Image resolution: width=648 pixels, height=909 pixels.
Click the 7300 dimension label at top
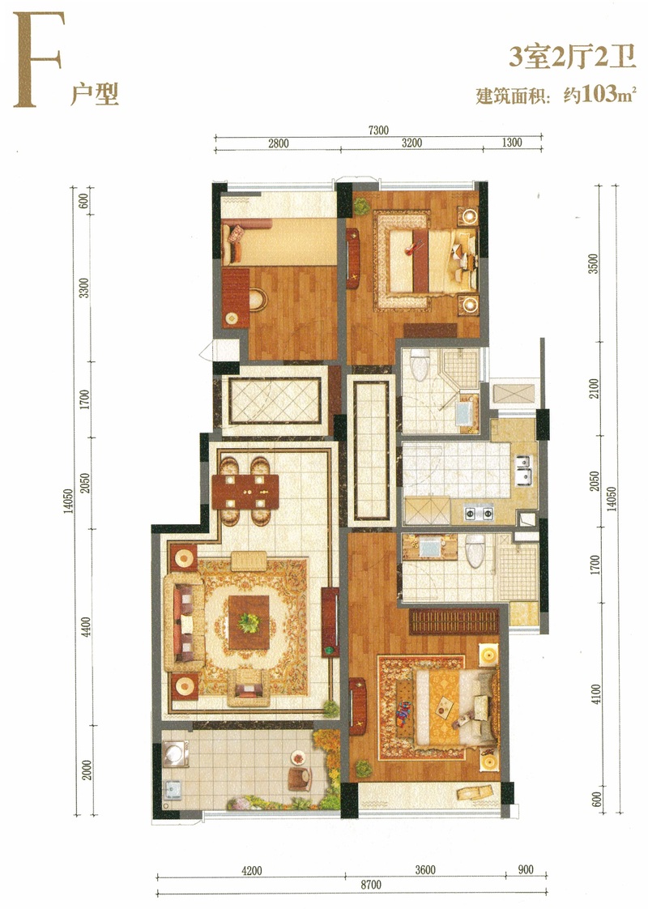[378, 130]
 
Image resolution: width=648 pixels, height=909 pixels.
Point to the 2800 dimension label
[278, 143]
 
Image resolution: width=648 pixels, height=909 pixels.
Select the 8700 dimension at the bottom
[371, 885]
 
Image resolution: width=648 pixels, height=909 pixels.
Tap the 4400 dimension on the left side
[87, 627]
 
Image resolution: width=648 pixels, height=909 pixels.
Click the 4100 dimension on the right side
[596, 694]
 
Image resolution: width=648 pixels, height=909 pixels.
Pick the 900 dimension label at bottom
[526, 869]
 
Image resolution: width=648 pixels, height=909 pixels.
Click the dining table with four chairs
[245, 492]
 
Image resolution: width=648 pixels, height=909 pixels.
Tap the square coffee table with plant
[249, 622]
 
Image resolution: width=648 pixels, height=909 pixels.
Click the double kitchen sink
[522, 470]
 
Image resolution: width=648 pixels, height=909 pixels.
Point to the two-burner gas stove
[479, 513]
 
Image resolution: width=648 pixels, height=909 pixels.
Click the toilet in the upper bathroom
[419, 364]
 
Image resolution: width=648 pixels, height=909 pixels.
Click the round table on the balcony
[299, 757]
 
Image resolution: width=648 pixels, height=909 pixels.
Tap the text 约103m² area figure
[600, 94]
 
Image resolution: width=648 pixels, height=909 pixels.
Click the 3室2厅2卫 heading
[572, 58]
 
